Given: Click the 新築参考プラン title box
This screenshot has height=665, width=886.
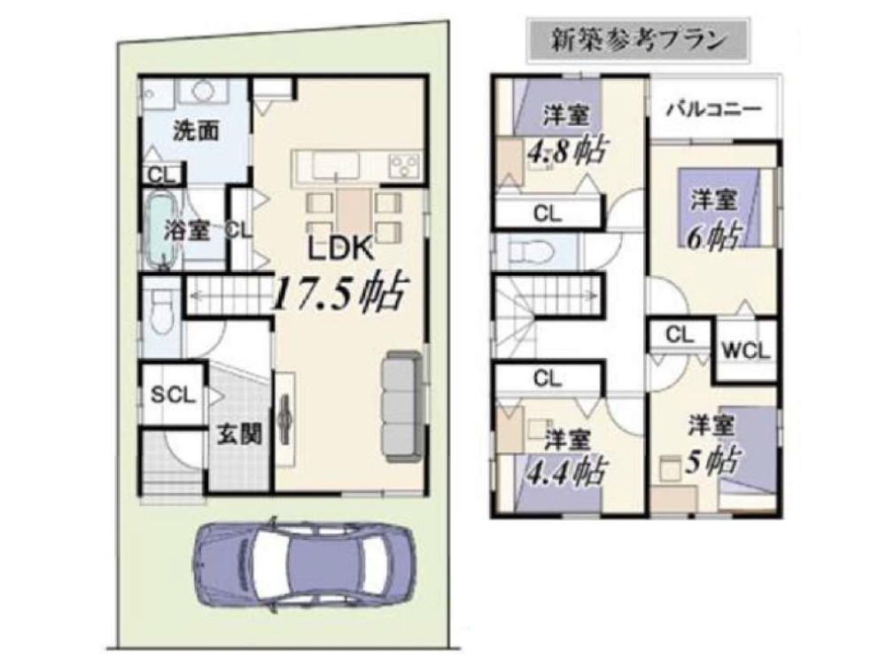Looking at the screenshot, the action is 637,40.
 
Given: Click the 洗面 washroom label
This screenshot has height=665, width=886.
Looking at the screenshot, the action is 196,130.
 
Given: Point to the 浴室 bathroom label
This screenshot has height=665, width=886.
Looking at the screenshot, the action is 187,231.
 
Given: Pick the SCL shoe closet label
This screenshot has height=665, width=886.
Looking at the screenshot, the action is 173,395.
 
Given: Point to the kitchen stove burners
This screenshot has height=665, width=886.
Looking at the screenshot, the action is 403,166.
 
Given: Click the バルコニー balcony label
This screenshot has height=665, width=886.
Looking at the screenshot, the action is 713,108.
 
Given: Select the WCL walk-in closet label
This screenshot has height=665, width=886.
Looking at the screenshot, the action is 746,350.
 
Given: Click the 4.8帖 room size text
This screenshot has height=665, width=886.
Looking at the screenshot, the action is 567,152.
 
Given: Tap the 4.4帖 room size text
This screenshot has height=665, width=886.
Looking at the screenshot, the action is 567,472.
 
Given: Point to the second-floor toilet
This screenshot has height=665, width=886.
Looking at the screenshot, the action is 530,251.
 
